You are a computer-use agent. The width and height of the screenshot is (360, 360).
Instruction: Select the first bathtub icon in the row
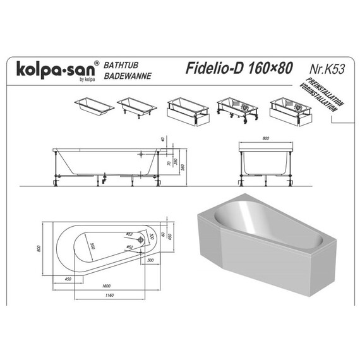pos(95,105)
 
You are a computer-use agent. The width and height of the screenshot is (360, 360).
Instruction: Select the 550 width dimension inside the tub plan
pos(92,245)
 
